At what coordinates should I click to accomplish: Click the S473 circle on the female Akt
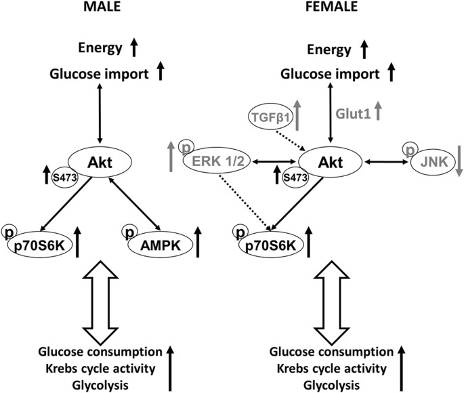(x=294, y=181)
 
